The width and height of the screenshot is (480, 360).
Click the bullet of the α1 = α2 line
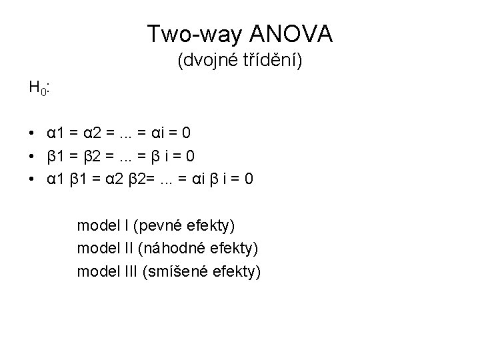point(32,133)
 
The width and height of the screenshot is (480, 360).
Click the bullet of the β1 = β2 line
point(32,156)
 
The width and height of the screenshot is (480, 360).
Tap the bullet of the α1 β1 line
point(32,179)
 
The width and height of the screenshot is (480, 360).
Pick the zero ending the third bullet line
point(248,179)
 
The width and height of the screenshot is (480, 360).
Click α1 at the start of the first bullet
point(55,133)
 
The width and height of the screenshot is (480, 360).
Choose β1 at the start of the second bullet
point(55,156)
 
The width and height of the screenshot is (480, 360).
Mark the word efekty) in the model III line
point(239,271)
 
